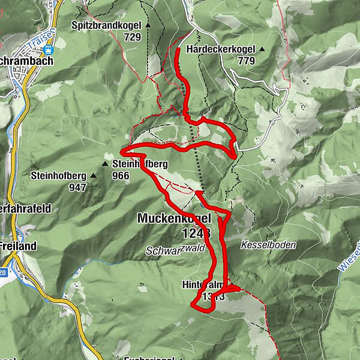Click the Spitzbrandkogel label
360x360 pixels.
point(106,25)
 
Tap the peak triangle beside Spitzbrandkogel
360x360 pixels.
point(148,25)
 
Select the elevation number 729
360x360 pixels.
point(132,37)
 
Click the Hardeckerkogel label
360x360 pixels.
point(221,49)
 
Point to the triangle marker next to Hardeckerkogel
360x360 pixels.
point(262,49)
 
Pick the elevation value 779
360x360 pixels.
point(246,60)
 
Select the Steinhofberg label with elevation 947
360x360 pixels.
point(59,176)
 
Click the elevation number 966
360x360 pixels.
point(122,175)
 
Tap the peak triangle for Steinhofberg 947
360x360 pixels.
point(94,176)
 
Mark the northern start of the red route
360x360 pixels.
point(178,50)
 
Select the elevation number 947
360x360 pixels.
point(77,187)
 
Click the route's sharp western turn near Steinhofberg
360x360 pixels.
point(122,152)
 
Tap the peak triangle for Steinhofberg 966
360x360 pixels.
point(106,163)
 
